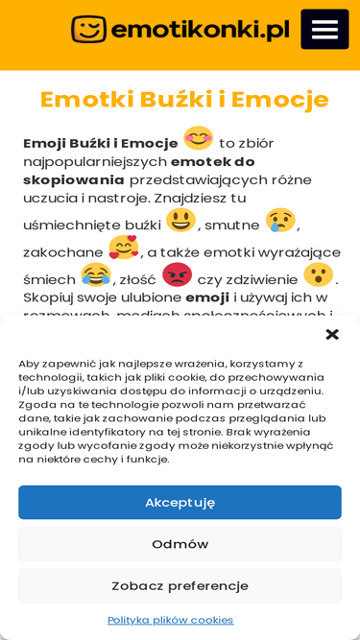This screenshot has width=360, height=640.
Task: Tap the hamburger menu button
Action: pos(324,29)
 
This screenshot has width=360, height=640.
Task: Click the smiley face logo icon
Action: pos(88,30)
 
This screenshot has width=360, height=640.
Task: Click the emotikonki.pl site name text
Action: pos(200,31)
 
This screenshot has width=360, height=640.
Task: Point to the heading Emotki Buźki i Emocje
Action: pos(184,99)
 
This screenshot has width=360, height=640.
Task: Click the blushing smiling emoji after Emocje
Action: pos(198,139)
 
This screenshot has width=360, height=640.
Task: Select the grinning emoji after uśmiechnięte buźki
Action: pos(180,221)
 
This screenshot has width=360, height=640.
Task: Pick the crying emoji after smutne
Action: pos(279,221)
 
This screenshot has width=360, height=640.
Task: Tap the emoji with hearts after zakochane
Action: pos(123,249)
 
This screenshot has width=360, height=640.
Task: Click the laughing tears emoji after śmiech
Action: pos(95,275)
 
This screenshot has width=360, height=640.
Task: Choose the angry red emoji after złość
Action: pos(177,275)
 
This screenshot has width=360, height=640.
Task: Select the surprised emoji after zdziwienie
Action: pos(318,275)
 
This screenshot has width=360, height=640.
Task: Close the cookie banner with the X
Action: pos(332,334)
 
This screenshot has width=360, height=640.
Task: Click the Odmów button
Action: pos(180,544)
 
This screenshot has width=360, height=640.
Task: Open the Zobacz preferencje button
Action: pos(180,585)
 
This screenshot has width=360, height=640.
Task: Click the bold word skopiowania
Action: pos(74,179)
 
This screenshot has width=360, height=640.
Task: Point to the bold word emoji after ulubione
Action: pos(207,297)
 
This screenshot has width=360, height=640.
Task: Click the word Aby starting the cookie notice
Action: pos(31,364)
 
